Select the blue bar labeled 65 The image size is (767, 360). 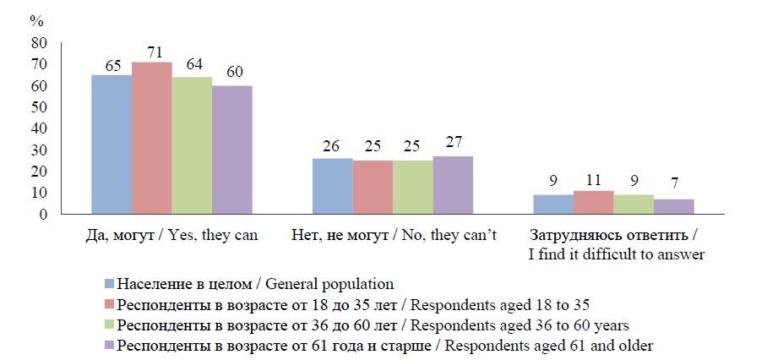point(112,145)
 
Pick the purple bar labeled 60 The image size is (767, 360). point(231,150)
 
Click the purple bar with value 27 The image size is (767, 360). point(453,185)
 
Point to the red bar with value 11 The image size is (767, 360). point(593,202)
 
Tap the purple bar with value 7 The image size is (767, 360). point(673,206)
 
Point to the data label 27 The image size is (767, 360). point(454,141)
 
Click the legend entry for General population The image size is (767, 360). point(254,283)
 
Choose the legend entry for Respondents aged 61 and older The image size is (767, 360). point(385,346)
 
